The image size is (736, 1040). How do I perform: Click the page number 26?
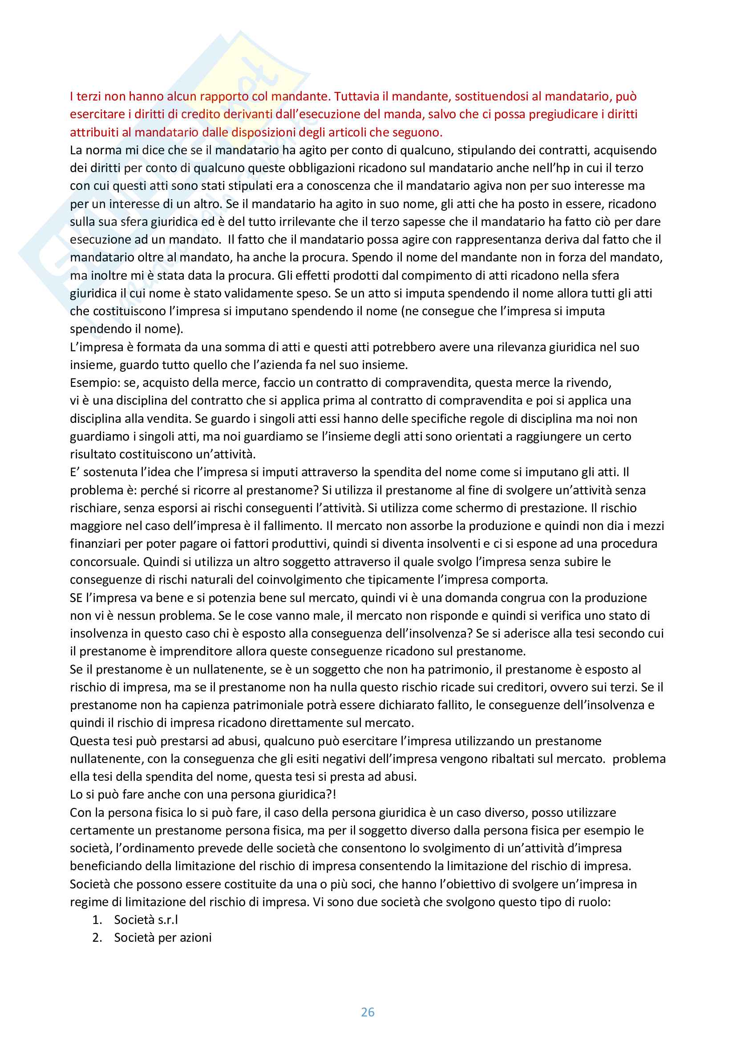[368, 1012]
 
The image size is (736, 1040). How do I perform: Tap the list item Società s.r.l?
[146, 920]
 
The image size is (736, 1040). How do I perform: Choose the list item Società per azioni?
[163, 938]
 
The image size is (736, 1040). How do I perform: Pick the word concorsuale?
[104, 562]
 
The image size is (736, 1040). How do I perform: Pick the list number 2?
[97, 938]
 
